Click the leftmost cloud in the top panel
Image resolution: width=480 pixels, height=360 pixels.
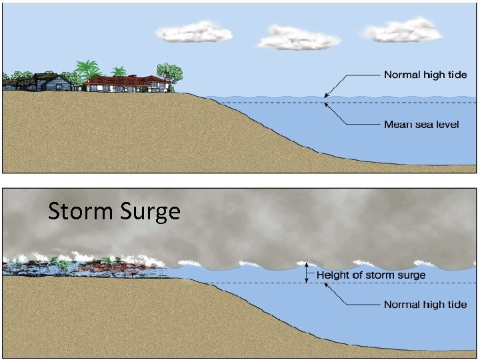[x=193, y=32]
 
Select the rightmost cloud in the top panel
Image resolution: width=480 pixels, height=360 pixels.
[x=403, y=30]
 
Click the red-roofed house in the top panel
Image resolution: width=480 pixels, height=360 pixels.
[x=126, y=83]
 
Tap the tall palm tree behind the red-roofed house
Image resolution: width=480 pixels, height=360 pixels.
[x=87, y=69]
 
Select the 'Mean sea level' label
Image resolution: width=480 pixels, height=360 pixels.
[x=421, y=125]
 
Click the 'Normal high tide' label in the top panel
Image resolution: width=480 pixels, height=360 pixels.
[x=425, y=74]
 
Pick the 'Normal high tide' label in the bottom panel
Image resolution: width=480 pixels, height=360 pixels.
[x=425, y=305]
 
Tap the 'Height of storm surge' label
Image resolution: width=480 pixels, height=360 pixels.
[x=371, y=275]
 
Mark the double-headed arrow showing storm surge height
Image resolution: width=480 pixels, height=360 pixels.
[x=307, y=273]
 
